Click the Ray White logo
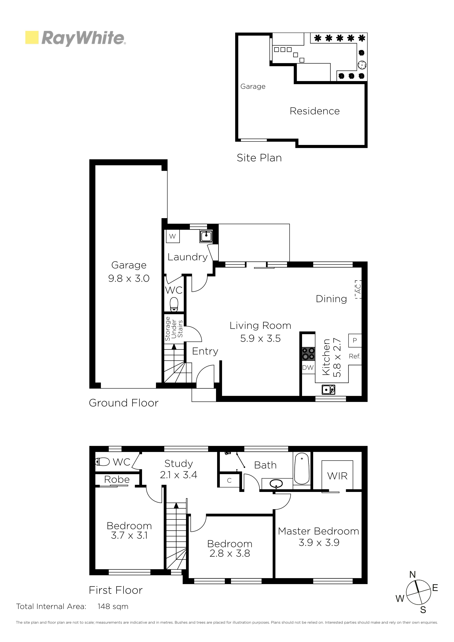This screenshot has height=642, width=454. point(76,38)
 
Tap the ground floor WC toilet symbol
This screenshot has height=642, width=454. point(174,304)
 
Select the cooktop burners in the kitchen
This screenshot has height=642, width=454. point(308,354)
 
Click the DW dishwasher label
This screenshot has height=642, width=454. point(308,368)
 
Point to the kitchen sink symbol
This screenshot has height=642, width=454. point(328,389)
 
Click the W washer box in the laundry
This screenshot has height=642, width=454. point(173,236)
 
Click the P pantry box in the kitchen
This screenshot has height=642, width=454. point(355,340)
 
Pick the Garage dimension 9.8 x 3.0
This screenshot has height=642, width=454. point(129,278)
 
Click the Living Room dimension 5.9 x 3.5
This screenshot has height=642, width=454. point(261,338)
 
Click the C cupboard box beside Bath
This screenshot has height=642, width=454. point(229,480)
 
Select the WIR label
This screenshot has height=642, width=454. point(337,476)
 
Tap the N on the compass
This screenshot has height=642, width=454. point(413,575)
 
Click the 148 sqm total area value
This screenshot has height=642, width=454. point(113,606)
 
